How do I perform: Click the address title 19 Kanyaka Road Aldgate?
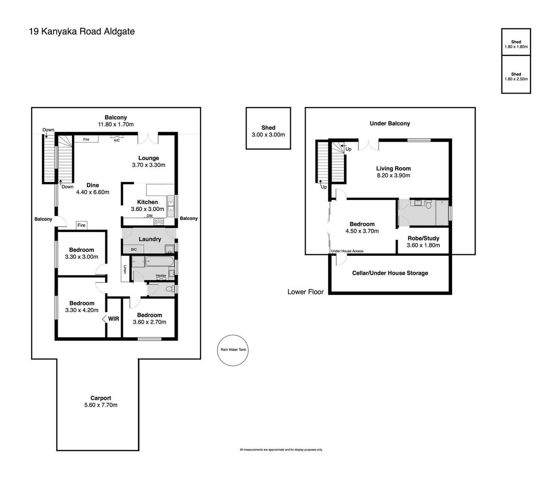(82, 31)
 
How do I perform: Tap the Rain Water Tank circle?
(233, 350)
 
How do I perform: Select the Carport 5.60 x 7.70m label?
(101, 401)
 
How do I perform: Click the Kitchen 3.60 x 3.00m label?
(147, 205)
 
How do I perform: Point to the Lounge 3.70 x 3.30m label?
(149, 161)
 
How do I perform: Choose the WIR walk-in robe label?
(113, 318)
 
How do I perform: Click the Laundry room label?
(150, 239)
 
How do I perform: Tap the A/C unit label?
(117, 140)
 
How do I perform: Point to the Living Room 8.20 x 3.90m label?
(393, 172)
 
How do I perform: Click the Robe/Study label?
(423, 241)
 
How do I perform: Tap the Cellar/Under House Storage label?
(390, 273)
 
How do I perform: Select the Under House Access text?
(347, 251)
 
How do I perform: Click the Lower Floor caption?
(305, 292)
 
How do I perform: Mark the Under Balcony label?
(390, 123)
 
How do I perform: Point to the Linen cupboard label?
(125, 269)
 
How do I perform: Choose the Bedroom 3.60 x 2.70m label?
(149, 318)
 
